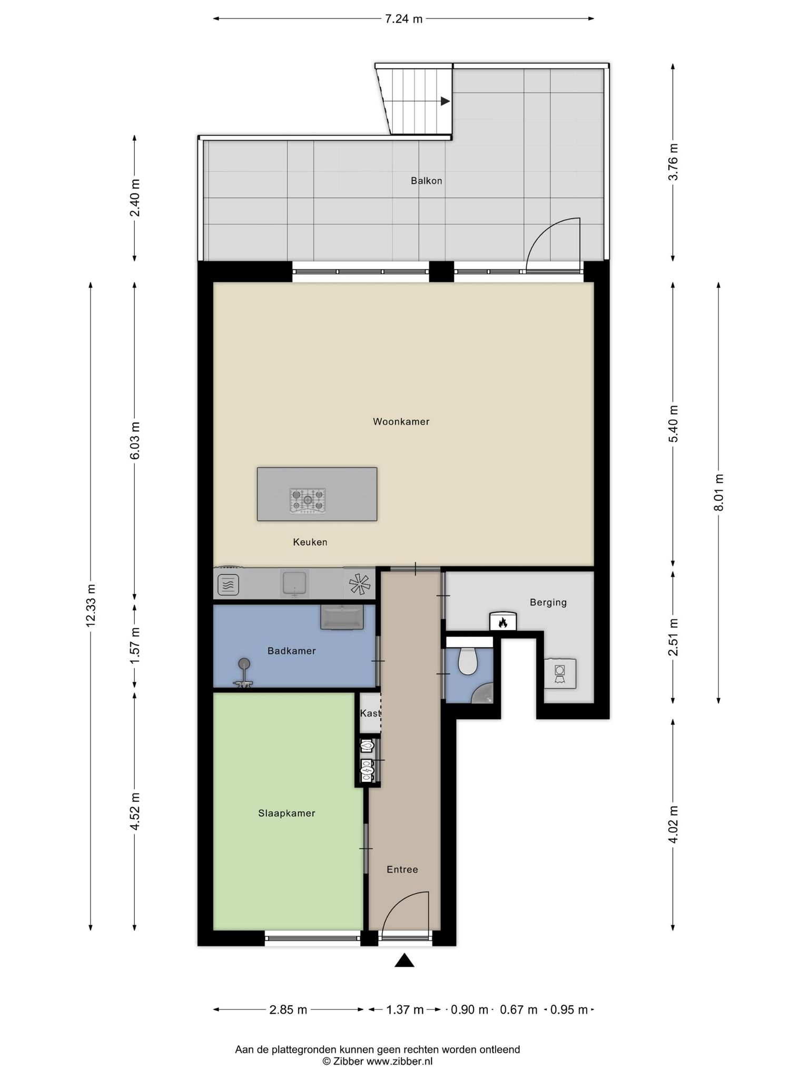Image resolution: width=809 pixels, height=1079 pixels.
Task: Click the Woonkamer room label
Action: coord(401,421)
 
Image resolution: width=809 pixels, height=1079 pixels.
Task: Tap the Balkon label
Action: coord(426,181)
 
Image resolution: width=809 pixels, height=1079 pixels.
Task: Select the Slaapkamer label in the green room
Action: coord(287,813)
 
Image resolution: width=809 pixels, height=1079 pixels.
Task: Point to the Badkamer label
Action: coord(291,651)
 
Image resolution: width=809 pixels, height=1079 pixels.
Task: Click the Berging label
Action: coord(548,602)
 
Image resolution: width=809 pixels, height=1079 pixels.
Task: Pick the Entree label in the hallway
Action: coord(402,869)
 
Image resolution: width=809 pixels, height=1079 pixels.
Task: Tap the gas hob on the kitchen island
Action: coord(308,501)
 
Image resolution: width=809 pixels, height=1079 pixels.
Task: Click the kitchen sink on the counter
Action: coord(295,584)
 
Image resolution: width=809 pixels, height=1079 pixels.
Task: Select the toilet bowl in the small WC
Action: coord(467,661)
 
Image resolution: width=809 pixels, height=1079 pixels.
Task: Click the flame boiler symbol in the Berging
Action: coord(503,622)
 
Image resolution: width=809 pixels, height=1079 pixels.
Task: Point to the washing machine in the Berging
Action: coord(560,673)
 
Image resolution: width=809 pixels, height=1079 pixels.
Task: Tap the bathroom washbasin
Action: coord(342,617)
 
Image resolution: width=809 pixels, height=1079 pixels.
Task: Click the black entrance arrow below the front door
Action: coord(404,960)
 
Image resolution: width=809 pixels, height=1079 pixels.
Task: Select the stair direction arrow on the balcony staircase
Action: coord(445,101)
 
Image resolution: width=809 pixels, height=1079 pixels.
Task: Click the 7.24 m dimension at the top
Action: coord(403,19)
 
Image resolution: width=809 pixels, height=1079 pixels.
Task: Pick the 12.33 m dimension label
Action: coord(91,605)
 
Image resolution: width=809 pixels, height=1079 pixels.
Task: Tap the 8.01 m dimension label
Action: coord(718,492)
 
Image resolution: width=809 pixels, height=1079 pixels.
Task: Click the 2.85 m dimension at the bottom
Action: coord(288,1010)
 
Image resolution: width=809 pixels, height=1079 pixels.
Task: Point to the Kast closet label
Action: coord(370,713)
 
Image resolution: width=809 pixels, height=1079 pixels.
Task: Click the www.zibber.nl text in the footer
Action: coord(399,1062)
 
